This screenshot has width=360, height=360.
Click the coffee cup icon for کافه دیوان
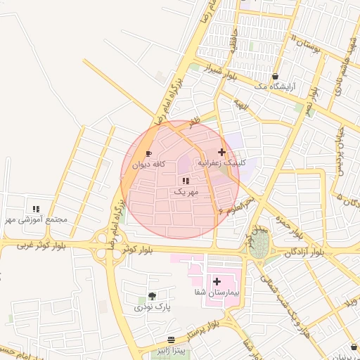point(148,153)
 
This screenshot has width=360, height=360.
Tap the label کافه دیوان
point(149,165)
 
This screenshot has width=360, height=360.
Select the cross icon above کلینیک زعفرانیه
point(222,152)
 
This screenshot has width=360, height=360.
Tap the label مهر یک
point(186,191)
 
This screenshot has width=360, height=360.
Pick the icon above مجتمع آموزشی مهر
point(36,209)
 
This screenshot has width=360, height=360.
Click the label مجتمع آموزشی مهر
point(36,219)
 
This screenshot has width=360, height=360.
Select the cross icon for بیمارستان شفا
point(217,281)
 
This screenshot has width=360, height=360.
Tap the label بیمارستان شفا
point(217,292)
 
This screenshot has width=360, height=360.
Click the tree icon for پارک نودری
point(153,296)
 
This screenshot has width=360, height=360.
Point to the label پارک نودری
point(153,307)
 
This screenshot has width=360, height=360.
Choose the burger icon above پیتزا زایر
point(171,340)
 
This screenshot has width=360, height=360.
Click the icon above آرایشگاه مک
point(275,76)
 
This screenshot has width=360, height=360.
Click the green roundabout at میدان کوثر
point(259,244)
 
